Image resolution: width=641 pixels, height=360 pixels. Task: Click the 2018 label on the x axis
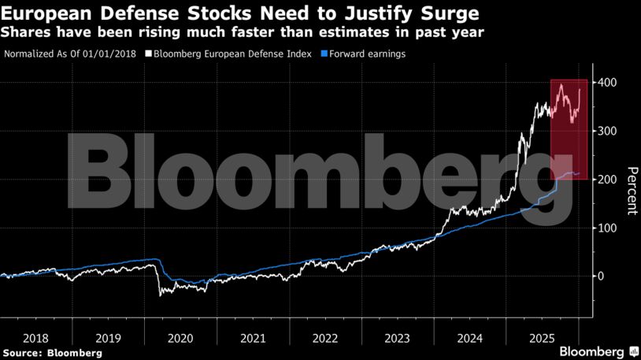pos(35,338)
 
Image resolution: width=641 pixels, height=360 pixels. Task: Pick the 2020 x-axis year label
pos(180,338)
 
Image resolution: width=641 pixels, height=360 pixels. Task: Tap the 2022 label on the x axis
pos(324,338)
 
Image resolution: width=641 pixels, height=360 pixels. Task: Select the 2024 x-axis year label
pos(469,338)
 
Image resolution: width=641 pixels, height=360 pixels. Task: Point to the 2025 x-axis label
pos(542,338)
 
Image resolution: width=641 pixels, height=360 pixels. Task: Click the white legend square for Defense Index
pos(148,54)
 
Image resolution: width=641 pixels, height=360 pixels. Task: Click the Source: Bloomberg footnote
pos(52,353)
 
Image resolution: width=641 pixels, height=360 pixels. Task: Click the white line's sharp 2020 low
pos(161,295)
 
